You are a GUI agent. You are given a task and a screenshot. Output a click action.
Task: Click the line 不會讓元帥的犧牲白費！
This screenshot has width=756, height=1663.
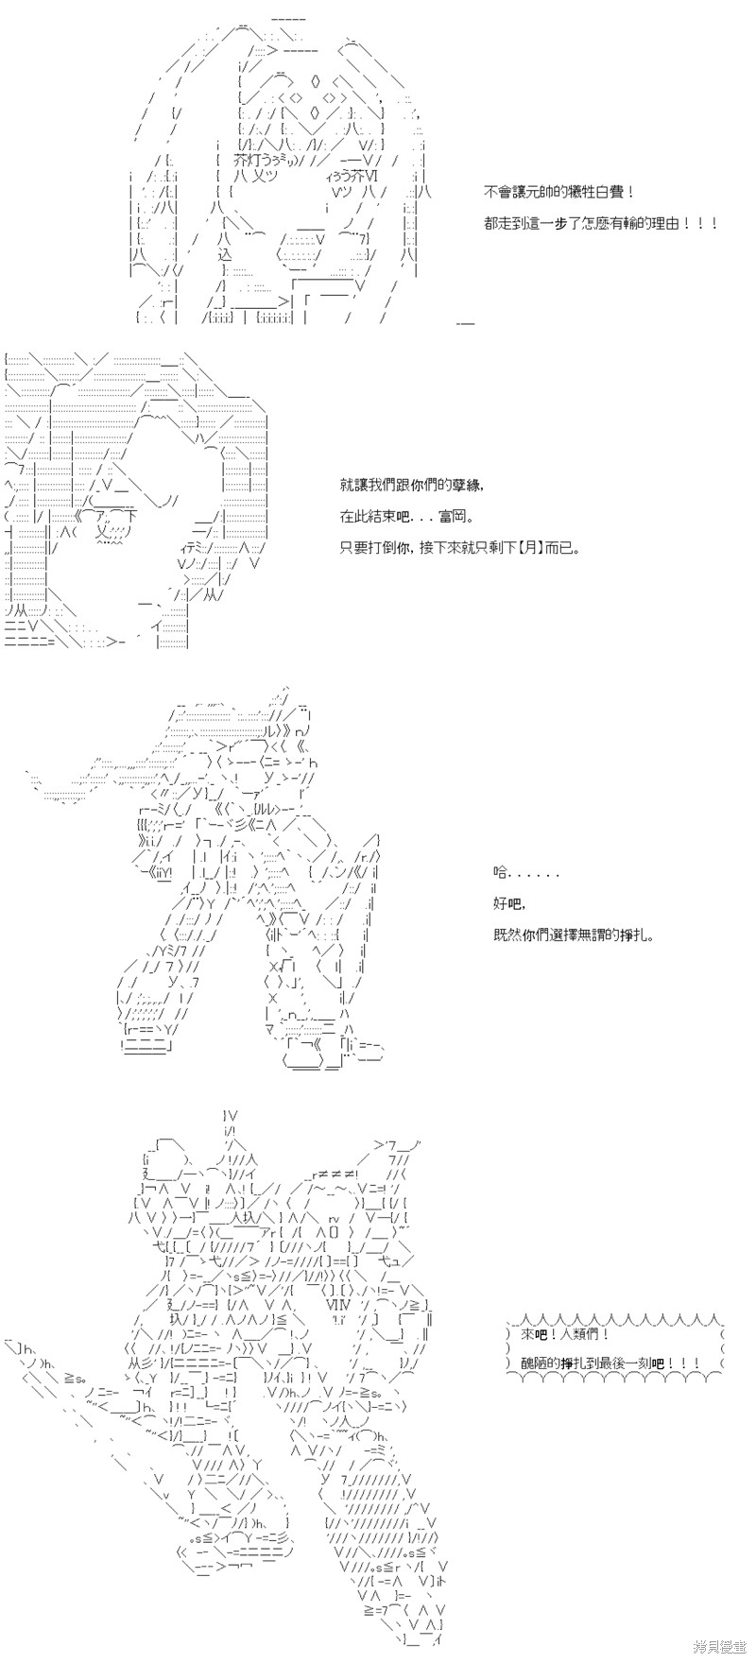553,191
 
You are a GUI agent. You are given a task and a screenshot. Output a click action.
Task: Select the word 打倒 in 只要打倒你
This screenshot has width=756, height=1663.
384,547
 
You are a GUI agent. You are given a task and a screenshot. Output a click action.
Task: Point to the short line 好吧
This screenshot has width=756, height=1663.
507,904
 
